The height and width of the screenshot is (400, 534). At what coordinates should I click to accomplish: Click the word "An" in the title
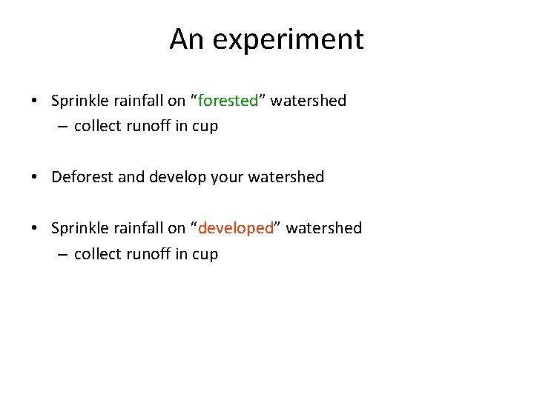click(185, 39)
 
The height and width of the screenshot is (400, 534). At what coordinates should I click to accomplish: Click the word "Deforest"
click(82, 177)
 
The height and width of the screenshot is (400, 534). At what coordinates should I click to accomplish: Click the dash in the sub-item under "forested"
click(62, 127)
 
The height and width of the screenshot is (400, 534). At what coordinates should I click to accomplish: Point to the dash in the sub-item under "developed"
click(62, 254)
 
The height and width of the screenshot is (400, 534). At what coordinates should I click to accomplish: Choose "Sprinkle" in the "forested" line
click(80, 101)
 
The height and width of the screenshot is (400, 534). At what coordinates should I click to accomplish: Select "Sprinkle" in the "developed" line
click(80, 228)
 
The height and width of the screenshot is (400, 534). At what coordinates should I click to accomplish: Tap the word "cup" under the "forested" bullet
click(205, 127)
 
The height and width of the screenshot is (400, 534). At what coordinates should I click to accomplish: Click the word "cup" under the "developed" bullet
click(205, 254)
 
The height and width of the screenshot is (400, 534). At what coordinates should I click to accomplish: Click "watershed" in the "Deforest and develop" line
click(289, 177)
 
